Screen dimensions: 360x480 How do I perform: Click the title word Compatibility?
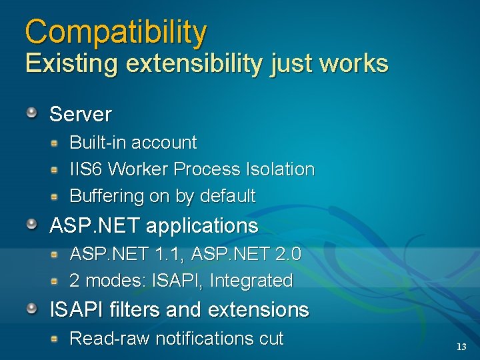(x=116, y=32)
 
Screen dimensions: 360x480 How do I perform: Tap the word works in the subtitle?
(x=353, y=63)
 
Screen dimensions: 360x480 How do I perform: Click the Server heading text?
(x=81, y=114)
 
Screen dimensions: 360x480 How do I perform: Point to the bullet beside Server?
(x=32, y=113)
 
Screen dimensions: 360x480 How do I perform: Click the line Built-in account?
(x=133, y=143)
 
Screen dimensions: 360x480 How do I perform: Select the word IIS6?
(x=87, y=169)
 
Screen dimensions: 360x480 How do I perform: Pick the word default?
(x=227, y=196)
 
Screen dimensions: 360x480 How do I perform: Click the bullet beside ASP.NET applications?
(x=32, y=224)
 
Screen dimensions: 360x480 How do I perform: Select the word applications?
(x=201, y=226)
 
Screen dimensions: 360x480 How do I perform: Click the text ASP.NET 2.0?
(x=246, y=254)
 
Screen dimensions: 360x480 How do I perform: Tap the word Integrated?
(x=251, y=281)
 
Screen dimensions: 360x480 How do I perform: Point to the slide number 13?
(x=461, y=347)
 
